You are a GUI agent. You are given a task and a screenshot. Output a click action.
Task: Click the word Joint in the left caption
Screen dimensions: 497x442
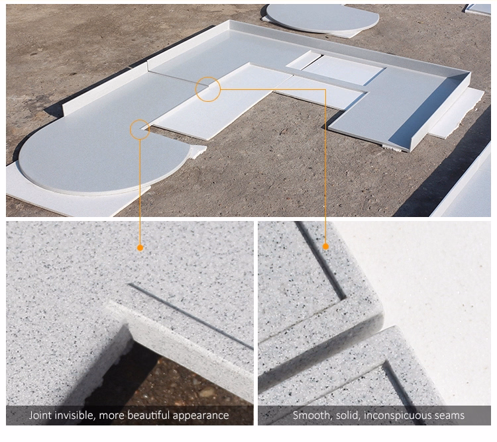[x=40, y=415]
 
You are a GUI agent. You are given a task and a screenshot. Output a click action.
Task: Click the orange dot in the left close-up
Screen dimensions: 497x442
[x=140, y=247]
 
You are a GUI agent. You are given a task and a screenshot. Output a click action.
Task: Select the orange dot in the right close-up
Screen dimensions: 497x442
[x=325, y=246]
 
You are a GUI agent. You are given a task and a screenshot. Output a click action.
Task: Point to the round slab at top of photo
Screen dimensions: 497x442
[x=321, y=19]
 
